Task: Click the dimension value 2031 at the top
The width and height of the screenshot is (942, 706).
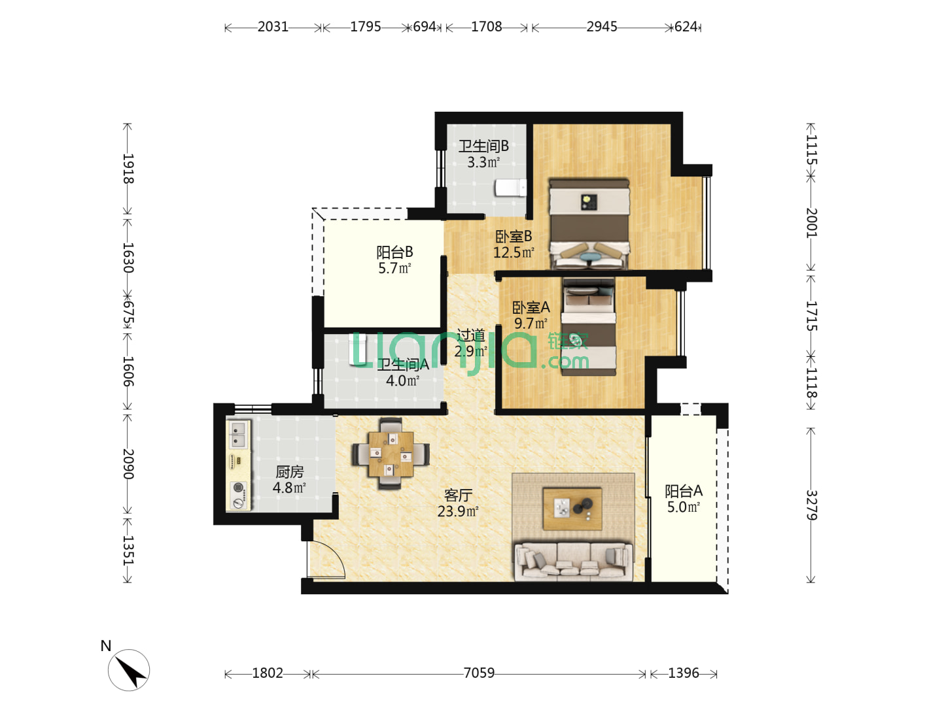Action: click(273, 27)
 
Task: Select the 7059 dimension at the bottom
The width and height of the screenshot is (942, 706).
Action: click(478, 673)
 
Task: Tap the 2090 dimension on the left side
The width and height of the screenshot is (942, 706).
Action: click(128, 464)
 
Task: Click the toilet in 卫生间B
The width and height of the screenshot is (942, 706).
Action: click(511, 188)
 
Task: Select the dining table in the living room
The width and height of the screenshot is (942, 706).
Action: click(391, 454)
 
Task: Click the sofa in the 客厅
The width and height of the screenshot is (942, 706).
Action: click(573, 561)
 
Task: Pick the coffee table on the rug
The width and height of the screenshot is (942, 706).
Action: click(572, 509)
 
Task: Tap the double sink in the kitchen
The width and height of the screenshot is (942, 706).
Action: click(238, 434)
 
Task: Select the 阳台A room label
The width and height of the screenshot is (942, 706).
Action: click(683, 490)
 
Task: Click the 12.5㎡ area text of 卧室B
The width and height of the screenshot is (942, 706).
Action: click(514, 252)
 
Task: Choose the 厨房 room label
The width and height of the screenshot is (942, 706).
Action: click(289, 472)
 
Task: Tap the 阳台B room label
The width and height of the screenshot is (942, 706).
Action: click(394, 252)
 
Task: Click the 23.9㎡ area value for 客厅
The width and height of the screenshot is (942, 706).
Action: click(457, 511)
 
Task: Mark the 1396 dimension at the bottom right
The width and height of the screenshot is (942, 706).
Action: click(683, 673)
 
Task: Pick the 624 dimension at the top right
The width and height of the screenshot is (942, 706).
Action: click(686, 27)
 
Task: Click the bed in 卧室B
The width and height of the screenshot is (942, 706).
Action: click(589, 224)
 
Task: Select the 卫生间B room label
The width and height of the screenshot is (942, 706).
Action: click(483, 146)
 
